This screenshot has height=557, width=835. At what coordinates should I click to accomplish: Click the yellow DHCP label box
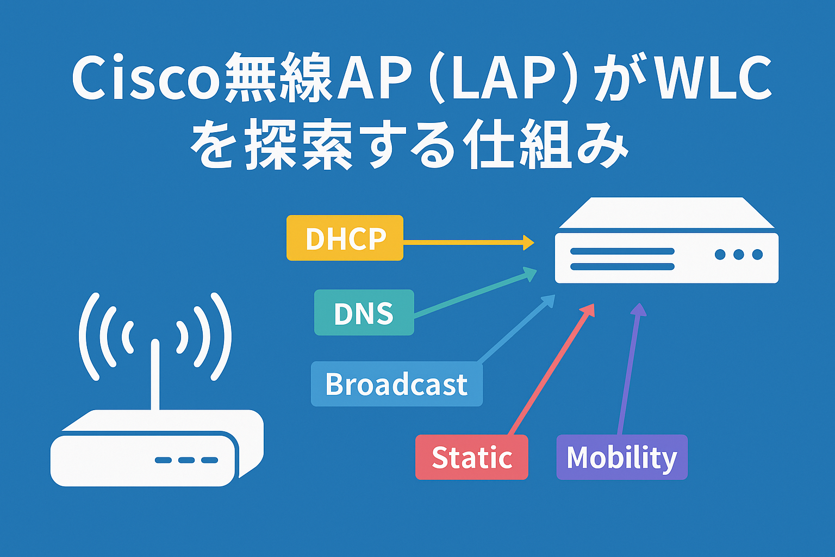pyautogui.click(x=345, y=238)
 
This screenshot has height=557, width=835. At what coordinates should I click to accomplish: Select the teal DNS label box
pyautogui.click(x=364, y=313)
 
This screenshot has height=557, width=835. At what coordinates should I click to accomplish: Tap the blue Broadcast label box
pyautogui.click(x=396, y=384)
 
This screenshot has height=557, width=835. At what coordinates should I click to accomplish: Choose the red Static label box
pyautogui.click(x=471, y=457)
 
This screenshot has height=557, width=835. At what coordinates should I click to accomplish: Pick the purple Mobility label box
pyautogui.click(x=621, y=457)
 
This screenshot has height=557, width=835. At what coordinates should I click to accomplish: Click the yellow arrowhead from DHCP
pyautogui.click(x=528, y=243)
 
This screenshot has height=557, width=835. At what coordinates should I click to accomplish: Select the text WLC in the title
pyautogui.click(x=713, y=78)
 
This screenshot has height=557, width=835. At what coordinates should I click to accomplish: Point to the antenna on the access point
pyautogui.click(x=155, y=375)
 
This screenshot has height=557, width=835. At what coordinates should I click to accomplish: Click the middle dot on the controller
pyautogui.click(x=738, y=255)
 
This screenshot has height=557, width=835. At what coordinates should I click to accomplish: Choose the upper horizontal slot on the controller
pyautogui.click(x=622, y=252)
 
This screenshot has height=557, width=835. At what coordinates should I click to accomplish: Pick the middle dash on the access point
pyautogui.click(x=186, y=460)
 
